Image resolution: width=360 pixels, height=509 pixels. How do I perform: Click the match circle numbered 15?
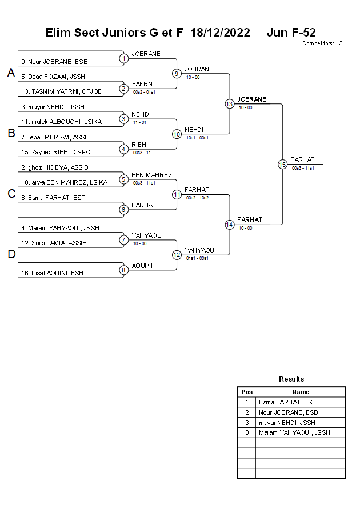click(282, 164)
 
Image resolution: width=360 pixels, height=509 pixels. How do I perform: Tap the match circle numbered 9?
click(177, 73)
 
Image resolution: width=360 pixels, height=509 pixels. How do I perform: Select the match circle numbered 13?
click(229, 103)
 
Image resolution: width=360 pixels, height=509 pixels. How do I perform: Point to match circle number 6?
click(123, 210)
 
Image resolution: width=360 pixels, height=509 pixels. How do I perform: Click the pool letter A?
click(10, 73)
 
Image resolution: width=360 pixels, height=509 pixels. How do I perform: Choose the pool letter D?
click(11, 255)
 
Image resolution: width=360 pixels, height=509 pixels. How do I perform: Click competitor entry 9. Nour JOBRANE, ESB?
click(54, 62)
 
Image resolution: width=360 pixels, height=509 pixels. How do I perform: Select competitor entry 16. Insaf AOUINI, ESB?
click(52, 274)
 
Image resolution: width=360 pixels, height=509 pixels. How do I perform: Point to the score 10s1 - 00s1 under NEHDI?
click(197, 138)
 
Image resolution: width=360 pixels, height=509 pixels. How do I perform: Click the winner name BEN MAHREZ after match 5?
click(151, 175)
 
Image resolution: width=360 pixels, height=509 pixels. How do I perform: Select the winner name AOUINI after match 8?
click(142, 266)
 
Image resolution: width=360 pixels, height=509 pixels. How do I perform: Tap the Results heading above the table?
click(291, 379)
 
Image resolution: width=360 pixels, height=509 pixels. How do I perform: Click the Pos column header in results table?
click(247, 392)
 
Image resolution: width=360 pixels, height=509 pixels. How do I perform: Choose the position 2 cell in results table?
click(247, 412)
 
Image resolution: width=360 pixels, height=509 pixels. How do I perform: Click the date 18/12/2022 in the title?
click(220, 33)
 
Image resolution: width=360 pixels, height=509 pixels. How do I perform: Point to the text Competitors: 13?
click(322, 43)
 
